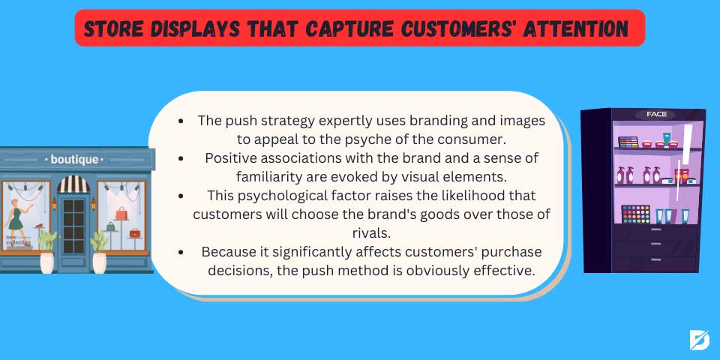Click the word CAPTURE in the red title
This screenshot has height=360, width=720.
[x=349, y=29]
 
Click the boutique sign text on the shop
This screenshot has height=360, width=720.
[x=74, y=160]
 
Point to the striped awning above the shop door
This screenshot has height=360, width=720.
[x=73, y=184]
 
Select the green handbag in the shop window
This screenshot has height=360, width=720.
[x=111, y=226]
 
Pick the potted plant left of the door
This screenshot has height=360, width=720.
[x=46, y=252]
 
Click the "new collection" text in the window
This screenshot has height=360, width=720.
[x=18, y=240]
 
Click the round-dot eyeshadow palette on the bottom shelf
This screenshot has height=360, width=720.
[x=636, y=214]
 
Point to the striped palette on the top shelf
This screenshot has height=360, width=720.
[x=628, y=142]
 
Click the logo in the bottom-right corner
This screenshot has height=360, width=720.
[x=699, y=340]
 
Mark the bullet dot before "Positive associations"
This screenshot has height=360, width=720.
[x=181, y=158]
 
